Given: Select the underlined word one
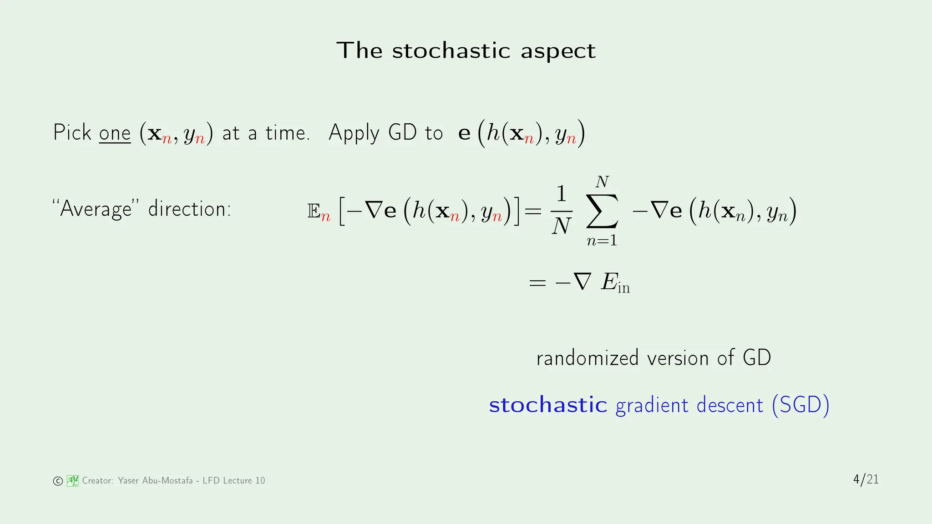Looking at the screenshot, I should click(x=115, y=133).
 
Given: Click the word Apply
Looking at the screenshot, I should click(x=354, y=133).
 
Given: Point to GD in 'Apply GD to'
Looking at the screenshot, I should click(x=402, y=132).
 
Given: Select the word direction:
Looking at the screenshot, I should click(x=189, y=209).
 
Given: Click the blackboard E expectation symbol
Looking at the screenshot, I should click(x=314, y=211).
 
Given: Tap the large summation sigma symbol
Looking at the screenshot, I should click(x=602, y=211).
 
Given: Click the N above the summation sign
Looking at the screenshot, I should click(x=602, y=182).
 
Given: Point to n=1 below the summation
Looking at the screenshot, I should click(x=602, y=240).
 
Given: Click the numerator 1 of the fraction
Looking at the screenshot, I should click(x=562, y=194).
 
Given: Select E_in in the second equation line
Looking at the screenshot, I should click(x=615, y=282).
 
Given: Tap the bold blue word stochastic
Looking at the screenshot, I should click(x=548, y=405).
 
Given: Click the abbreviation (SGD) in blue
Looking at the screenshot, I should click(x=800, y=405).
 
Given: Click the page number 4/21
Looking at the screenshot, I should click(x=866, y=479).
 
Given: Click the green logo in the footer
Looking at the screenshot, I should click(x=72, y=480).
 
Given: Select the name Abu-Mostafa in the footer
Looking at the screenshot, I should click(x=167, y=480).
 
